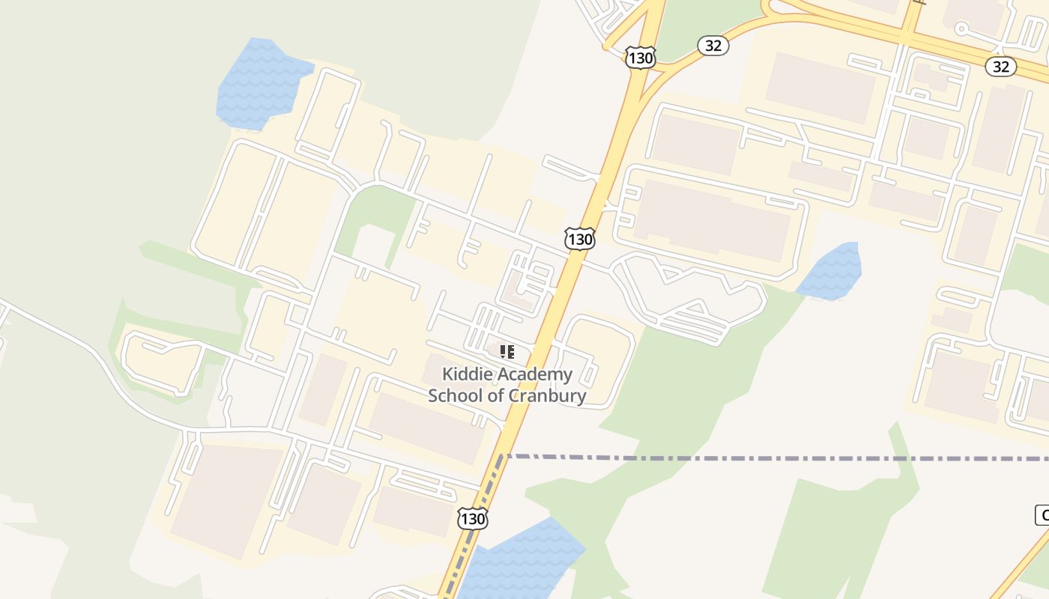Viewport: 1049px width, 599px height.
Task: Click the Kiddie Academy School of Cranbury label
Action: (507, 385)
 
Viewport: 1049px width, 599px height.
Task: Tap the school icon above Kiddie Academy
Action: (507, 351)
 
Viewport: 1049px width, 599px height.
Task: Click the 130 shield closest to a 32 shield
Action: (641, 58)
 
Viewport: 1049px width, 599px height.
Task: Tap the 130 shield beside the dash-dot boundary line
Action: (473, 517)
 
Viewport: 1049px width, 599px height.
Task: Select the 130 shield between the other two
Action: (579, 240)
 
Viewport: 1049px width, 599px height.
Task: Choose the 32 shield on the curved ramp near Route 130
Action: (713, 46)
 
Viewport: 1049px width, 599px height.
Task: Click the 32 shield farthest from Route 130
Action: (1000, 67)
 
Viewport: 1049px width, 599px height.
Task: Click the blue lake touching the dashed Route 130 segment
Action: (524, 558)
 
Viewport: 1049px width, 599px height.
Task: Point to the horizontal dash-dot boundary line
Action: (749, 457)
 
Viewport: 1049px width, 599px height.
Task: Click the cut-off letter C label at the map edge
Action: (1042, 515)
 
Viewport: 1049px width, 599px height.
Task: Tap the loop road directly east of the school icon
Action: (599, 359)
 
